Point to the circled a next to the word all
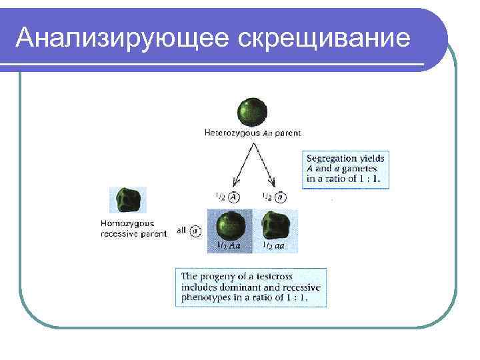tap(195, 231)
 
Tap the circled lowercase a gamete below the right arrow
tap(282, 197)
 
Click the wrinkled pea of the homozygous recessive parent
tap(129, 199)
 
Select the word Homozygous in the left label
tap(124, 224)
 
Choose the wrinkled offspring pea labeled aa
tap(275, 225)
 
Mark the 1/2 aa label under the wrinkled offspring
tap(274, 246)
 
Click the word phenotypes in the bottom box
tap(204, 298)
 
